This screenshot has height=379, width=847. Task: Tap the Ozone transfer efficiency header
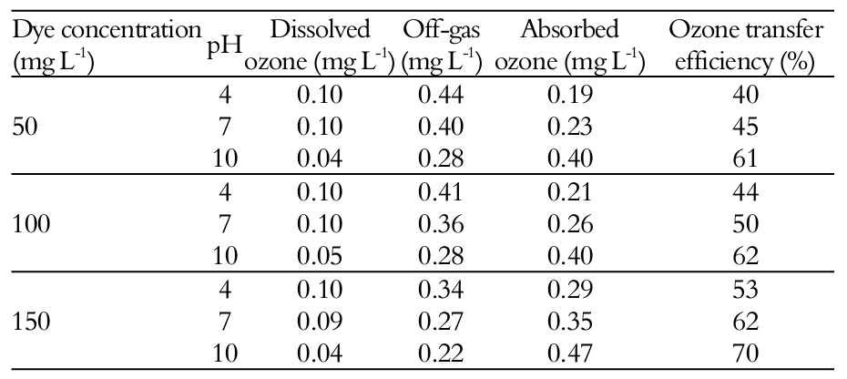(746, 46)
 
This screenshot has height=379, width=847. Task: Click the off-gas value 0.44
(441, 95)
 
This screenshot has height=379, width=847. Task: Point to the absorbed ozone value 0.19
(570, 95)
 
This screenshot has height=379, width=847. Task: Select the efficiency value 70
(745, 353)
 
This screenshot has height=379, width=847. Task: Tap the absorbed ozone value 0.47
(570, 353)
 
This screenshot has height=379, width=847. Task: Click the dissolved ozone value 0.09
(319, 321)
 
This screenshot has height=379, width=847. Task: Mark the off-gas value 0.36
(441, 224)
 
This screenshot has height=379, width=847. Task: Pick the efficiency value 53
(745, 289)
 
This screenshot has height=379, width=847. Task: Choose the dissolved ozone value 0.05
(319, 256)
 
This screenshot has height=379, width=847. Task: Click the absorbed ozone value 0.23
(570, 128)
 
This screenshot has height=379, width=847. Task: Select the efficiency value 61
(745, 159)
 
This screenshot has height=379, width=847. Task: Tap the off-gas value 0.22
(441, 353)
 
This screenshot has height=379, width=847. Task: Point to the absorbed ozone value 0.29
(570, 289)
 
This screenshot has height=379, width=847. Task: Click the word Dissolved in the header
(320, 30)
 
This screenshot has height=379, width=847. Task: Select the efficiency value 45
(745, 128)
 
